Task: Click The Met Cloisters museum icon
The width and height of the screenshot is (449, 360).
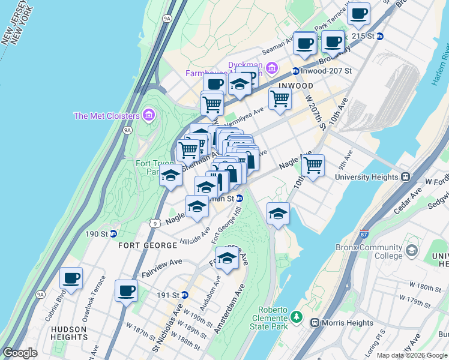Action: point(149,115)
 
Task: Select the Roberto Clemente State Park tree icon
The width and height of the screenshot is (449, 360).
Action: point(295,315)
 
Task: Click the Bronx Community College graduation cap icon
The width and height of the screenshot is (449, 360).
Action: point(411,250)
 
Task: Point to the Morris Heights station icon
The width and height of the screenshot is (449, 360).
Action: point(314,323)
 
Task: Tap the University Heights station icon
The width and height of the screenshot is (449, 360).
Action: point(405,177)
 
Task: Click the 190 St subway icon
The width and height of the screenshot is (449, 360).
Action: point(113,233)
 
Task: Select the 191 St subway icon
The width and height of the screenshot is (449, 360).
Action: point(185,295)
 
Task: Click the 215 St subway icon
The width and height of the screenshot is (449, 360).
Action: point(380,36)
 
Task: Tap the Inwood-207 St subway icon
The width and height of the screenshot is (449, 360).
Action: point(295,71)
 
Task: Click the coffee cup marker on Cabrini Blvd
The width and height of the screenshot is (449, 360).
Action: point(71,278)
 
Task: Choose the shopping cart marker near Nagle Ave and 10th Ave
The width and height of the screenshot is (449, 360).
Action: point(313,166)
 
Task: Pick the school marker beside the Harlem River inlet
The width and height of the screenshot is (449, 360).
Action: point(278,214)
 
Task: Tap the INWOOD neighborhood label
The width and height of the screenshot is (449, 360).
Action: point(295,86)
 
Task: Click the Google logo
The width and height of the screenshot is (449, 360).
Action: point(20,353)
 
